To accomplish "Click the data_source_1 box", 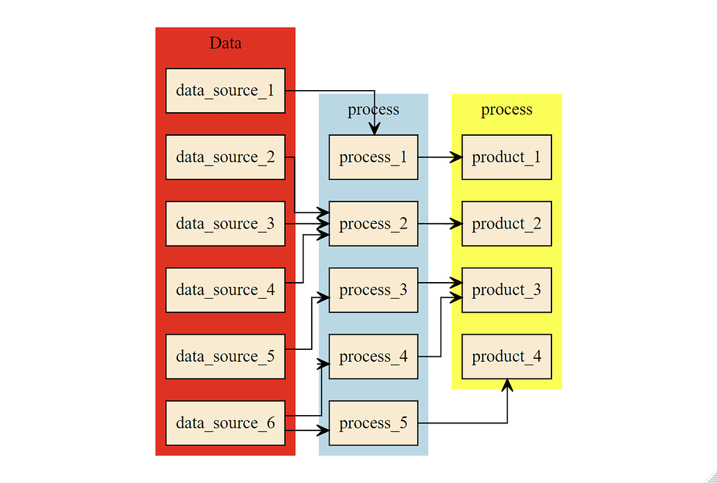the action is tap(225, 91).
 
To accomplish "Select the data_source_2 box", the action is tap(225, 157).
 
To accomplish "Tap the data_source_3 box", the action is tap(225, 224).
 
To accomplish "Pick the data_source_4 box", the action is tap(225, 290).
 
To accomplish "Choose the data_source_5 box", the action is tap(225, 356).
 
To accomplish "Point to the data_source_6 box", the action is tap(225, 423).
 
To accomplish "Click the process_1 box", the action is tap(373, 157).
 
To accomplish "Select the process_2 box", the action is tap(373, 224).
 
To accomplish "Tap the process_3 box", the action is tap(373, 290).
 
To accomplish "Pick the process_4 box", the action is tap(373, 356).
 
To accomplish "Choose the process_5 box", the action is tap(373, 423).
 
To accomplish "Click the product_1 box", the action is tap(506, 157).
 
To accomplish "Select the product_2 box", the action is tap(506, 224).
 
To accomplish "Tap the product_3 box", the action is tap(506, 290).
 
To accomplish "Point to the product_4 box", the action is tap(506, 356).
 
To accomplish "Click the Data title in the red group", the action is tap(225, 43).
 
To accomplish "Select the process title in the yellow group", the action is tap(506, 109).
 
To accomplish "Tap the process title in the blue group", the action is tap(373, 109).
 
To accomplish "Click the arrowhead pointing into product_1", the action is tap(457, 157).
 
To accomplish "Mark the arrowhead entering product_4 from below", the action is tap(507, 385).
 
